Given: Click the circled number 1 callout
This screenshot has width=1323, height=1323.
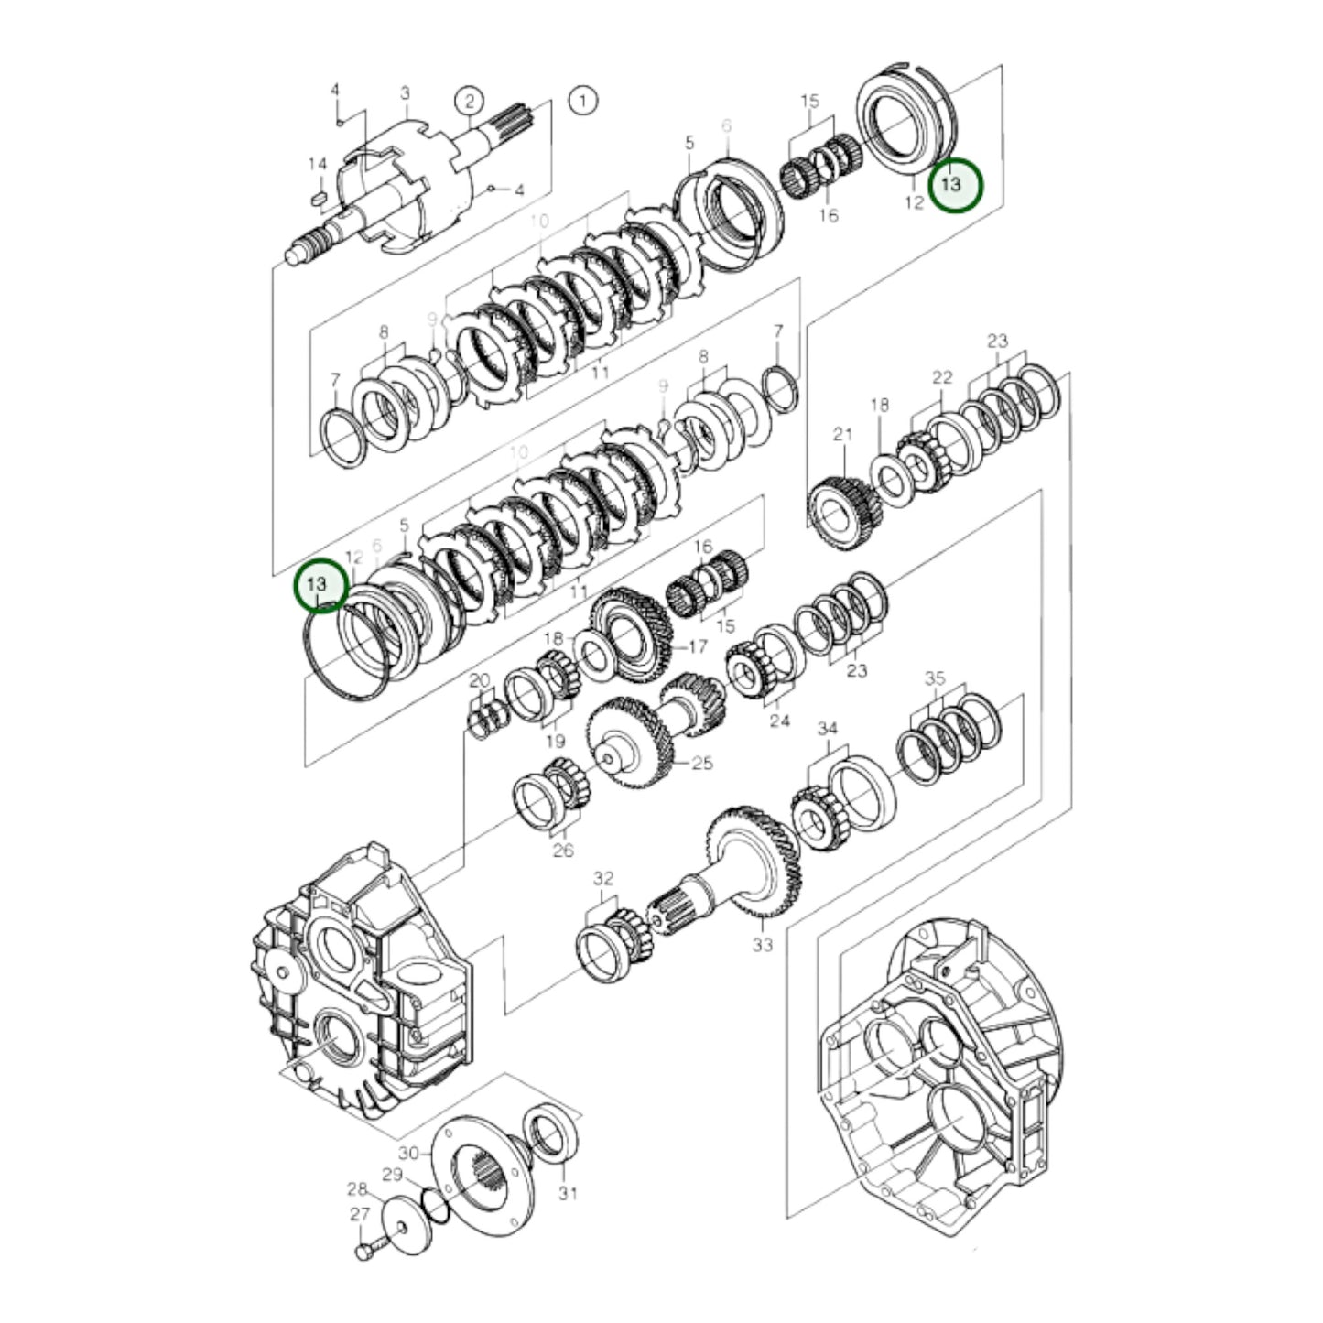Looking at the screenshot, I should pos(582,100).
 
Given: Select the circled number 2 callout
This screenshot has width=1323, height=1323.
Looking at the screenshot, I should pos(469,100).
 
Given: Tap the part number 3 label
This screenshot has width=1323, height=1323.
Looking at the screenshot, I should pos(404,93).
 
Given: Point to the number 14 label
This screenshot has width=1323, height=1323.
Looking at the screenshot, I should pos(317,164).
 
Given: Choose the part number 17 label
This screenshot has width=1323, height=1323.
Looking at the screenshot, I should pos(698,647).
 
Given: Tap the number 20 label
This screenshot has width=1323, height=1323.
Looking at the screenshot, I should pos(480,680).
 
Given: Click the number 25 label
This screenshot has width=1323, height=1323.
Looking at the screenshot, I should pos(701,763).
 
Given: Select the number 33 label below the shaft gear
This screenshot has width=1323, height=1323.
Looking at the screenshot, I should pos(763,945).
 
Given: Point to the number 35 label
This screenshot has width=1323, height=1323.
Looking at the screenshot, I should pos(935,678).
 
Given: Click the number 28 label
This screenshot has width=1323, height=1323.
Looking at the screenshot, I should pos(356,1189).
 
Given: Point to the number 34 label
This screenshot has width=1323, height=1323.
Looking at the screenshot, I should pos(827,729).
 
